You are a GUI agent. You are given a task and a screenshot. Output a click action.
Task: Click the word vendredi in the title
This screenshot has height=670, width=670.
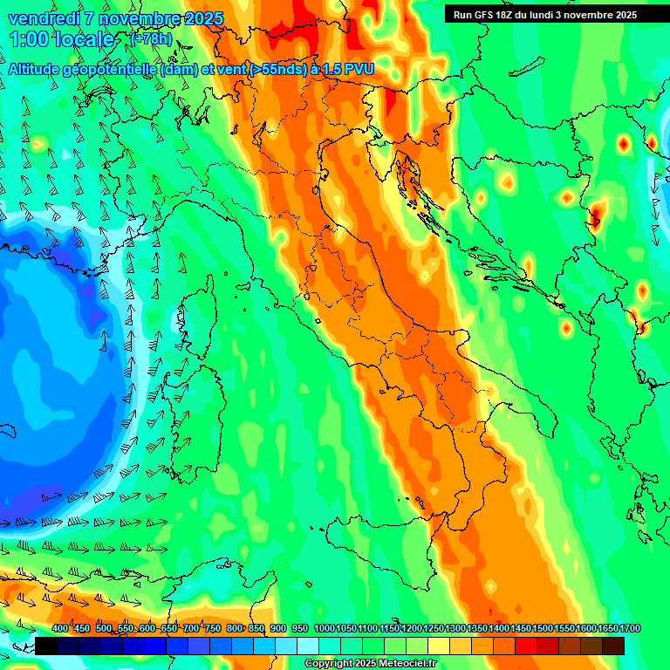44,18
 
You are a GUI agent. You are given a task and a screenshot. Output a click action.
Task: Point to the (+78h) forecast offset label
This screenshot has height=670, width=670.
150,39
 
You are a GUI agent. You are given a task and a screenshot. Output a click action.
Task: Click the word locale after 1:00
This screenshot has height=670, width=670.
85,39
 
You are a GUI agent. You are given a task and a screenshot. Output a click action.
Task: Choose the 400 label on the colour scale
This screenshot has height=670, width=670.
60,629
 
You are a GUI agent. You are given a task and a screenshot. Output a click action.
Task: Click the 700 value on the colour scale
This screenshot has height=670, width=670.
191,629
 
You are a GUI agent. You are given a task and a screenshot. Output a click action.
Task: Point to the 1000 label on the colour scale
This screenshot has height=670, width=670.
325,629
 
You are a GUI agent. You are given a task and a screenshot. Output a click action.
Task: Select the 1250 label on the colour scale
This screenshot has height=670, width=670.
434,629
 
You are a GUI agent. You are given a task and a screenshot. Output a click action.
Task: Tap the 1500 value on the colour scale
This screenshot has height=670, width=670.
543,629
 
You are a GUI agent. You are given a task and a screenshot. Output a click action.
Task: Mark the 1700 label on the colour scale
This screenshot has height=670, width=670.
630,629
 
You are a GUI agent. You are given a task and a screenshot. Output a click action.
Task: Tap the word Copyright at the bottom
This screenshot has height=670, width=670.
328,663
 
